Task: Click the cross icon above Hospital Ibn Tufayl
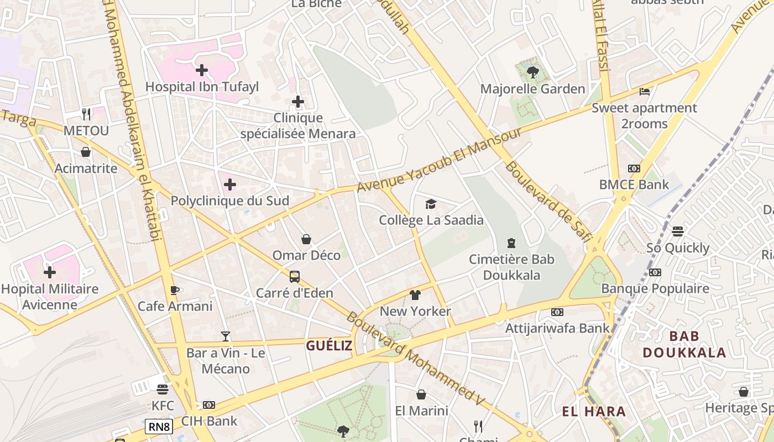(202, 70)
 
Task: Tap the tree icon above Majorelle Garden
(532, 72)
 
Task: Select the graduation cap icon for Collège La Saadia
(431, 204)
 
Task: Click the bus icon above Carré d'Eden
(295, 276)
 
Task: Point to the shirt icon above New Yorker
(415, 295)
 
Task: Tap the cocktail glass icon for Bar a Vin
(226, 336)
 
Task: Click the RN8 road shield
(159, 427)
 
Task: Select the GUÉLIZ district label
(330, 346)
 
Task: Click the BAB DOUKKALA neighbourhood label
(684, 344)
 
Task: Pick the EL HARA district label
(594, 412)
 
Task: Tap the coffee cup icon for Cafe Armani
(175, 290)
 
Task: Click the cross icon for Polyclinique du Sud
(230, 185)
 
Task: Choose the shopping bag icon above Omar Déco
(306, 239)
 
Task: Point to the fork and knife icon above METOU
(86, 114)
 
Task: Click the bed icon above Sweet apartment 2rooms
(645, 91)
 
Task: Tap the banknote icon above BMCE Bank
(634, 169)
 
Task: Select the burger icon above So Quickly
(678, 231)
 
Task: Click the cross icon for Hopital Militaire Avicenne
(50, 272)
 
